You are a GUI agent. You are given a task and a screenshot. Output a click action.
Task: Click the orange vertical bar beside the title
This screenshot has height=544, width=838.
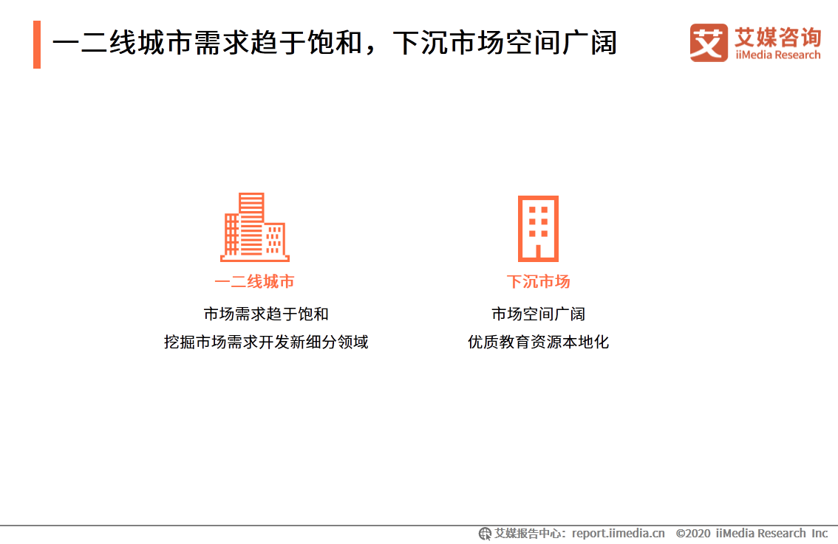(37, 44)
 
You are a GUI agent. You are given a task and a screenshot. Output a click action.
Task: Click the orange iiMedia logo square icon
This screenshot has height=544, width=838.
(709, 43)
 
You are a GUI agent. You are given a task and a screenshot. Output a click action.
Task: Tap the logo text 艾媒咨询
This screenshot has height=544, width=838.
(777, 35)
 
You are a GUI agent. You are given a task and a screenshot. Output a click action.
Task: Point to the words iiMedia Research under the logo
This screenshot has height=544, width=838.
(777, 55)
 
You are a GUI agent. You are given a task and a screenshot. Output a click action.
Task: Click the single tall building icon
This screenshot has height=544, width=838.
(538, 228)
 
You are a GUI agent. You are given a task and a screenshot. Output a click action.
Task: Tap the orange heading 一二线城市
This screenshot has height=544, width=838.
(255, 281)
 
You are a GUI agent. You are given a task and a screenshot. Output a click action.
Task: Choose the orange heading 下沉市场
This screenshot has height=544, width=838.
(538, 281)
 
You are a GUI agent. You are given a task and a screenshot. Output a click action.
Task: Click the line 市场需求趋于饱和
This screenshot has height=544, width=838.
(266, 314)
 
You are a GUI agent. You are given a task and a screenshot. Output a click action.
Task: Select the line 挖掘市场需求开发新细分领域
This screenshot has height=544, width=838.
(266, 342)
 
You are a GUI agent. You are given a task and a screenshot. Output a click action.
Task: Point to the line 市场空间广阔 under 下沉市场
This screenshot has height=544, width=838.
(538, 314)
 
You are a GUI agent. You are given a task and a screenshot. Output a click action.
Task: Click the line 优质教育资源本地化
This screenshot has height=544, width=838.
(538, 342)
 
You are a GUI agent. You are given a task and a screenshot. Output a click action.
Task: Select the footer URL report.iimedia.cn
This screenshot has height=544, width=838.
(618, 533)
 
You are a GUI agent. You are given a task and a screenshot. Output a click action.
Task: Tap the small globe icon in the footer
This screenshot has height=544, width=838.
(485, 533)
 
